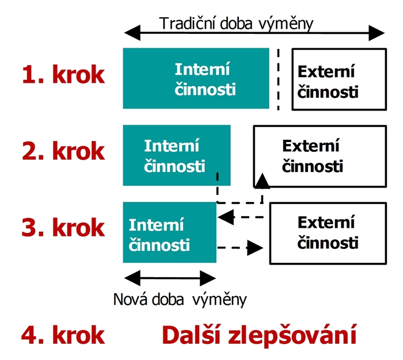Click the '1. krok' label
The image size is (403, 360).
coord(63,74)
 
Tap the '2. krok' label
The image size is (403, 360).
coord(63,151)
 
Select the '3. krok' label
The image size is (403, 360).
coord(63,227)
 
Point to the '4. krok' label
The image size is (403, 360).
coord(63,335)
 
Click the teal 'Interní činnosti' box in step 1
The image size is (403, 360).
coord(196,78)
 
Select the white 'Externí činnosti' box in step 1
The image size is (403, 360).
coord(339,79)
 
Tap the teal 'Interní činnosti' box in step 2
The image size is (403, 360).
coord(177,155)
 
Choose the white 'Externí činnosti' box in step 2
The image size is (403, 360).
coord(320,156)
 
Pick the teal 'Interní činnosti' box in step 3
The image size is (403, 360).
coord(170,232)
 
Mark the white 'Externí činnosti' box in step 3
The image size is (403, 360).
coord(328,233)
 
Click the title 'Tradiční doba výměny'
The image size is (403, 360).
coord(236,24)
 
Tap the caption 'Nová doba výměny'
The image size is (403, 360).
coord(180,300)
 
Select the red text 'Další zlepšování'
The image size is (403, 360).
coord(259,335)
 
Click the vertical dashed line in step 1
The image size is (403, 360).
coord(278,79)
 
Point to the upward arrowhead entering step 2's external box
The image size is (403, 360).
coord(262,181)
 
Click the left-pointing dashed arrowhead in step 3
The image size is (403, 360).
coord(226,217)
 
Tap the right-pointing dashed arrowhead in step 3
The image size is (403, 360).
coord(255,248)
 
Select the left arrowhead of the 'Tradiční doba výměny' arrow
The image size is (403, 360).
coord(132,33)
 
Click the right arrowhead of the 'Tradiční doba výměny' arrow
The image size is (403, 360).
coord(377,33)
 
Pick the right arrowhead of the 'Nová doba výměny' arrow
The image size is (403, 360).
coord(208,278)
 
